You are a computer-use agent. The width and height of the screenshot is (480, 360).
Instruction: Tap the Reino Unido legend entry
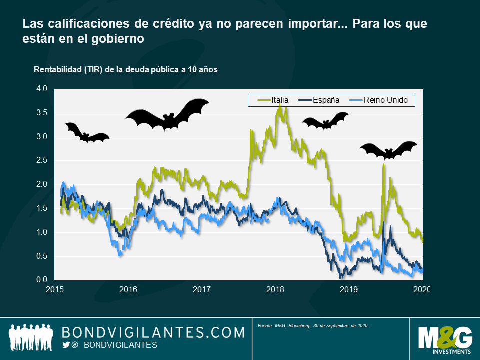pyautogui.click(x=380, y=100)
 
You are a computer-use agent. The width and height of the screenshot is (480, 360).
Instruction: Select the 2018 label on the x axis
pyautogui.click(x=275, y=289)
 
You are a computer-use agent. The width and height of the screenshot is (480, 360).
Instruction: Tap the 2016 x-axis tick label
pyautogui.click(x=128, y=289)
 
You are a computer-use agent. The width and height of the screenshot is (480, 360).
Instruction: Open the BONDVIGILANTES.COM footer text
pyautogui.click(x=153, y=332)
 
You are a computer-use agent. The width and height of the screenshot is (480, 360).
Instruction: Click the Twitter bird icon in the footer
pyautogui.click(x=66, y=345)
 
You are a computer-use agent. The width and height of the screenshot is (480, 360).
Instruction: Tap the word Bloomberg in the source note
pyautogui.click(x=298, y=326)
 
